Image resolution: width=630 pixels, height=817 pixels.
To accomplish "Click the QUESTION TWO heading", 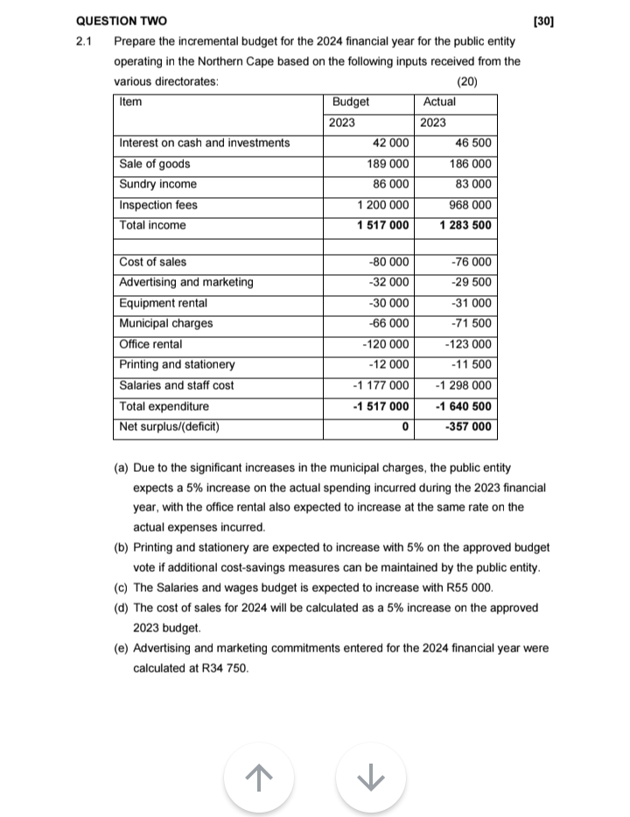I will click(122, 20).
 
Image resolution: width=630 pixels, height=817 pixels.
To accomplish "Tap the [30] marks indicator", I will click(542, 20).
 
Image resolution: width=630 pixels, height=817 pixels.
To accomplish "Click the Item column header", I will click(130, 102).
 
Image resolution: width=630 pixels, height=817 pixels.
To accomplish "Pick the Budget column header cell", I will click(351, 102).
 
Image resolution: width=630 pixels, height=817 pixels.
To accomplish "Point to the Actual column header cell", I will click(439, 102).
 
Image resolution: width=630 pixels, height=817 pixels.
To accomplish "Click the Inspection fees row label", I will click(158, 205).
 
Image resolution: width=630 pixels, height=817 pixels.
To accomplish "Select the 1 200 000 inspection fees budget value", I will click(382, 205).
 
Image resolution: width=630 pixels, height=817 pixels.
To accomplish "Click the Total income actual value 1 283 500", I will click(465, 225).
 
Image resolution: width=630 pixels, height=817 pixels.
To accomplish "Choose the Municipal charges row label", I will click(166, 323).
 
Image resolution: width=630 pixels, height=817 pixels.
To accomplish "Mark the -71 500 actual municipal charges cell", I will click(471, 323).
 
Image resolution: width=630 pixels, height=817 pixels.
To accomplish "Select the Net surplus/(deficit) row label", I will click(169, 427).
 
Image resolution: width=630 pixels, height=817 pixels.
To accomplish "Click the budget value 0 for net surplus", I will click(404, 427).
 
